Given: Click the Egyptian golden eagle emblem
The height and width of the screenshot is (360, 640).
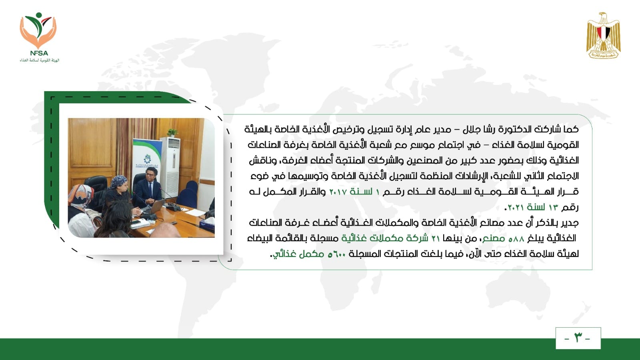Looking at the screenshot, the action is pos(604,36).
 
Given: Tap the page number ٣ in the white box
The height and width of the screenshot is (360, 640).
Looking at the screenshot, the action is pos(578,338).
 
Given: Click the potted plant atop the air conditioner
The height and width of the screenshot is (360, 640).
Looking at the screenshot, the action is pos(172,132).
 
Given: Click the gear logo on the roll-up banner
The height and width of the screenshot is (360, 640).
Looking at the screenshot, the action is pos(147,158).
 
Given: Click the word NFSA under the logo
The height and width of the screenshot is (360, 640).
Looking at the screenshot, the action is pos(39,53).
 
